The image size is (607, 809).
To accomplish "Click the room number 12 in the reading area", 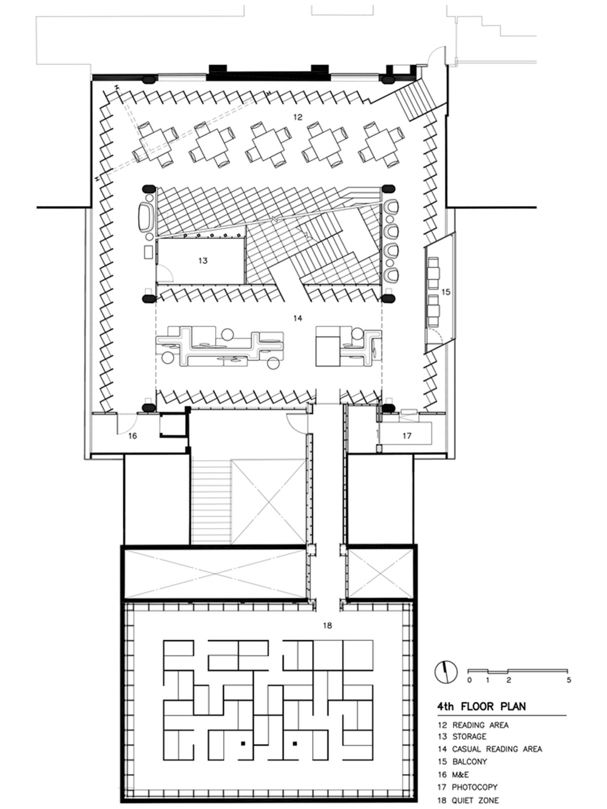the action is (x=298, y=117).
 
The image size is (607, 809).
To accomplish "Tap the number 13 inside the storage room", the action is (x=203, y=260).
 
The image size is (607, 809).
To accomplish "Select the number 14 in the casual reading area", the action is (x=298, y=318).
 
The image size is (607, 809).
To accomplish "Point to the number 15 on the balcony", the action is (x=446, y=292).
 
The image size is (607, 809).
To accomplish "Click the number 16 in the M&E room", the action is (x=133, y=436).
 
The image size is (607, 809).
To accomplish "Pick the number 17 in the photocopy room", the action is (x=407, y=436).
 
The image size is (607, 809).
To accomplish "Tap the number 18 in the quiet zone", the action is (x=327, y=625).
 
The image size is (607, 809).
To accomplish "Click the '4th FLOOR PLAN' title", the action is (x=482, y=706).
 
